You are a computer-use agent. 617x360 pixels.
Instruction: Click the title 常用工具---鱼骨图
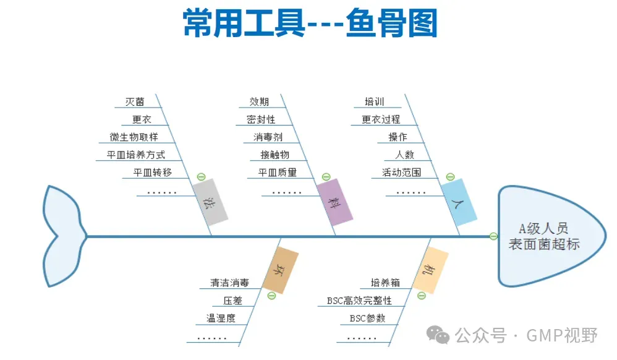pos(310,24)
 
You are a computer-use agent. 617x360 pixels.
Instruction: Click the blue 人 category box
pos(459,202)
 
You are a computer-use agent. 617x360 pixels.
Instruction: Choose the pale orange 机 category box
pos(430,270)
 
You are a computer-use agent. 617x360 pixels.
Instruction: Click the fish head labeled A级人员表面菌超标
pos(544,236)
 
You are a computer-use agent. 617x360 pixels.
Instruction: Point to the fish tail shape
pos(62,236)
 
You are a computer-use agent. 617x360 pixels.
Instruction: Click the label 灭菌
pos(134,101)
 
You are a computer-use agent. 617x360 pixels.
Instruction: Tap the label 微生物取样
pos(134,137)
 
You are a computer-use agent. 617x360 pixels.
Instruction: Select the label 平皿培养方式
pos(132,155)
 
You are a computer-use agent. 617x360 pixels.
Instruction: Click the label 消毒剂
pos(267,137)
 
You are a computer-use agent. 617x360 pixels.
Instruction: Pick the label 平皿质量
pos(277,173)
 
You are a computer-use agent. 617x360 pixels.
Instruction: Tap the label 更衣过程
pos(381,119)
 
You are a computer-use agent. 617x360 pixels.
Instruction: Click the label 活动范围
pos(401,173)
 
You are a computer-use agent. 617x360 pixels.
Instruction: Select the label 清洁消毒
pos(229,283)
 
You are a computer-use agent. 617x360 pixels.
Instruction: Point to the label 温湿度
pos(220,319)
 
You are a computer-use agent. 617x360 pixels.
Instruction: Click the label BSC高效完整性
pos(359,301)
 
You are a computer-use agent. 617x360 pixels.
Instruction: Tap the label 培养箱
pos(385,283)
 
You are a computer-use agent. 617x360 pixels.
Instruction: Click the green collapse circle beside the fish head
pos(493,236)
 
